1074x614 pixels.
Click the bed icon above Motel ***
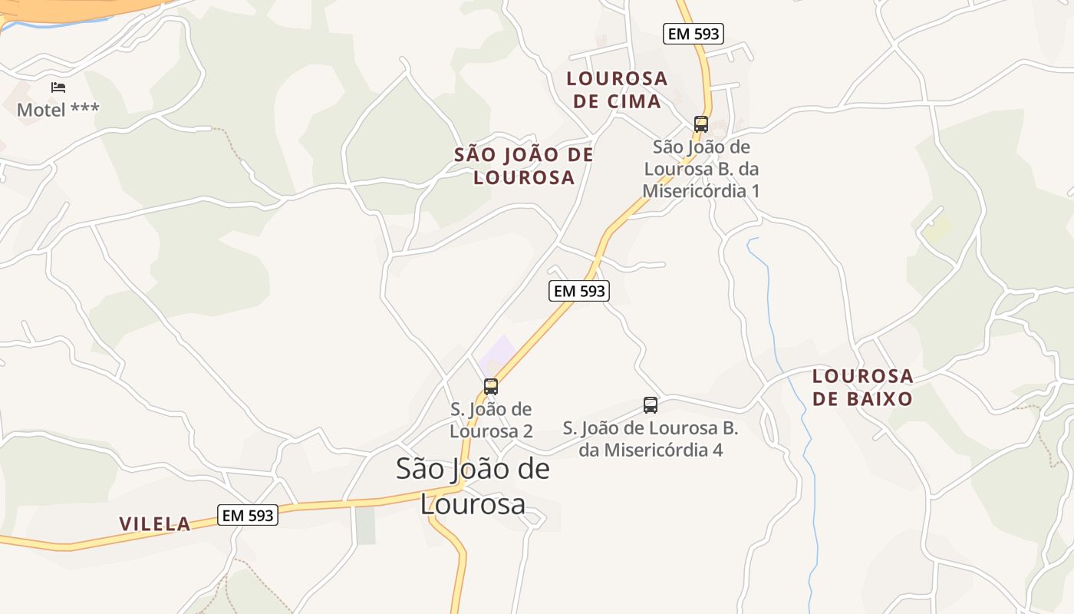click(x=58, y=87)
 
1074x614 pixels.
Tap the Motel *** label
click(x=58, y=110)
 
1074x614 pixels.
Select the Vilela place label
click(x=155, y=524)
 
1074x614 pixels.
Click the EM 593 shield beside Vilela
click(x=248, y=516)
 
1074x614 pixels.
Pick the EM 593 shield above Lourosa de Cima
click(x=693, y=33)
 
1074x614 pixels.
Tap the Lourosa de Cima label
click(x=617, y=90)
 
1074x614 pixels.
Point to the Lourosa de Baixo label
click(x=863, y=388)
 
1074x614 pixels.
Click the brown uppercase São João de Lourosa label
click(x=524, y=166)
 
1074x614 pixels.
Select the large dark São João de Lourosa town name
click(x=473, y=486)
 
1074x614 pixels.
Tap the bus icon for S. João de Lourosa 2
click(x=491, y=387)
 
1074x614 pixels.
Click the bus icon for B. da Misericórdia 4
click(x=651, y=404)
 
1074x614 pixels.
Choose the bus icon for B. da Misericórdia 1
click(x=700, y=124)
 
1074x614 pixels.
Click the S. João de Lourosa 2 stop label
click(x=491, y=420)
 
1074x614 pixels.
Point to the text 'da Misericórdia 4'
click(x=651, y=450)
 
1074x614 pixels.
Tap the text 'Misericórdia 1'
click(x=701, y=191)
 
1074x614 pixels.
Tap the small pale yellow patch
click(x=937, y=227)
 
